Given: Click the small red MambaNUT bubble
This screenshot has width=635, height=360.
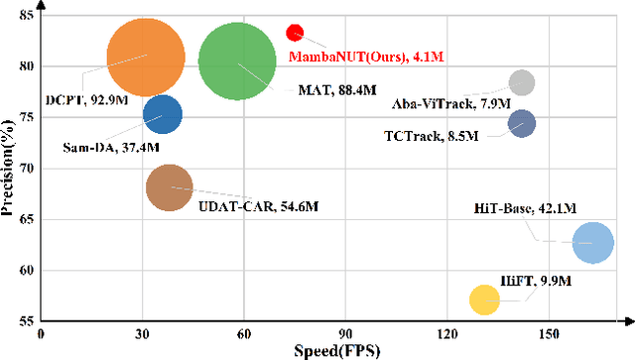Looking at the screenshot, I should pyautogui.click(x=295, y=33).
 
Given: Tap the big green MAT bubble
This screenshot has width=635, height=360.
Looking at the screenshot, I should pyautogui.click(x=237, y=61).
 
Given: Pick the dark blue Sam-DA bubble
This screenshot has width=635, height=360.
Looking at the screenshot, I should pyautogui.click(x=163, y=115).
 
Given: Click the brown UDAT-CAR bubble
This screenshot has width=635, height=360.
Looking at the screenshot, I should pyautogui.click(x=169, y=188).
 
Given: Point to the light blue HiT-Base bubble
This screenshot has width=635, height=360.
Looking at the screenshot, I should pyautogui.click(x=592, y=242).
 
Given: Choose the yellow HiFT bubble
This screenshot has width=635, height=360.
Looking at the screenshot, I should pyautogui.click(x=484, y=299).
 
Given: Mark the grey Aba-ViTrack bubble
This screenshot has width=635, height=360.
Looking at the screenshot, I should pyautogui.click(x=522, y=82).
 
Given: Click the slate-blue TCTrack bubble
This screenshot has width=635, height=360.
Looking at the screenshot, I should pyautogui.click(x=522, y=124).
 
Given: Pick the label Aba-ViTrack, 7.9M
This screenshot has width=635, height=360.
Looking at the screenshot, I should pyautogui.click(x=465, y=103).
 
